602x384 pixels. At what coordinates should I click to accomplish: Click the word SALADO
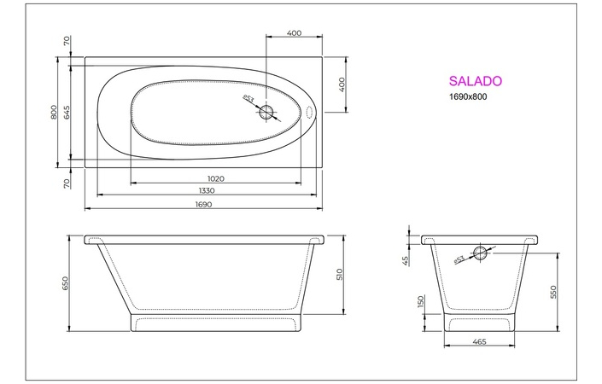pyautogui.click(x=475, y=82)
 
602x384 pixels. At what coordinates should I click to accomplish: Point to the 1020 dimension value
pyautogui.click(x=215, y=178)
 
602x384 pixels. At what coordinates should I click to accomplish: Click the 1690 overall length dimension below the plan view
pyautogui.click(x=203, y=205)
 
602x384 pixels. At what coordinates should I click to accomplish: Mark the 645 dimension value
pyautogui.click(x=67, y=112)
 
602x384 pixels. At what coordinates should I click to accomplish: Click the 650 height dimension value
pyautogui.click(x=66, y=283)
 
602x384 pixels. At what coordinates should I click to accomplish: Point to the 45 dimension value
pyautogui.click(x=406, y=259)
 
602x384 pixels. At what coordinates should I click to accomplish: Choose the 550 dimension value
pyautogui.click(x=554, y=292)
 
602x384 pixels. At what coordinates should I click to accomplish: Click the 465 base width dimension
pyautogui.click(x=478, y=342)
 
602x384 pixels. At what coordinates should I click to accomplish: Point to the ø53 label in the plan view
pyautogui.click(x=248, y=100)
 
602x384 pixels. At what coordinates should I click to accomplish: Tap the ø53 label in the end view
pyautogui.click(x=459, y=259)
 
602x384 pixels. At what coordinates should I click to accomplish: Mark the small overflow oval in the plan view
pyautogui.click(x=309, y=112)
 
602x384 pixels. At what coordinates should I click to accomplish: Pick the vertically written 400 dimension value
pyautogui.click(x=342, y=84)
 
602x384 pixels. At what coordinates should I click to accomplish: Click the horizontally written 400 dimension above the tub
pyautogui.click(x=294, y=33)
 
